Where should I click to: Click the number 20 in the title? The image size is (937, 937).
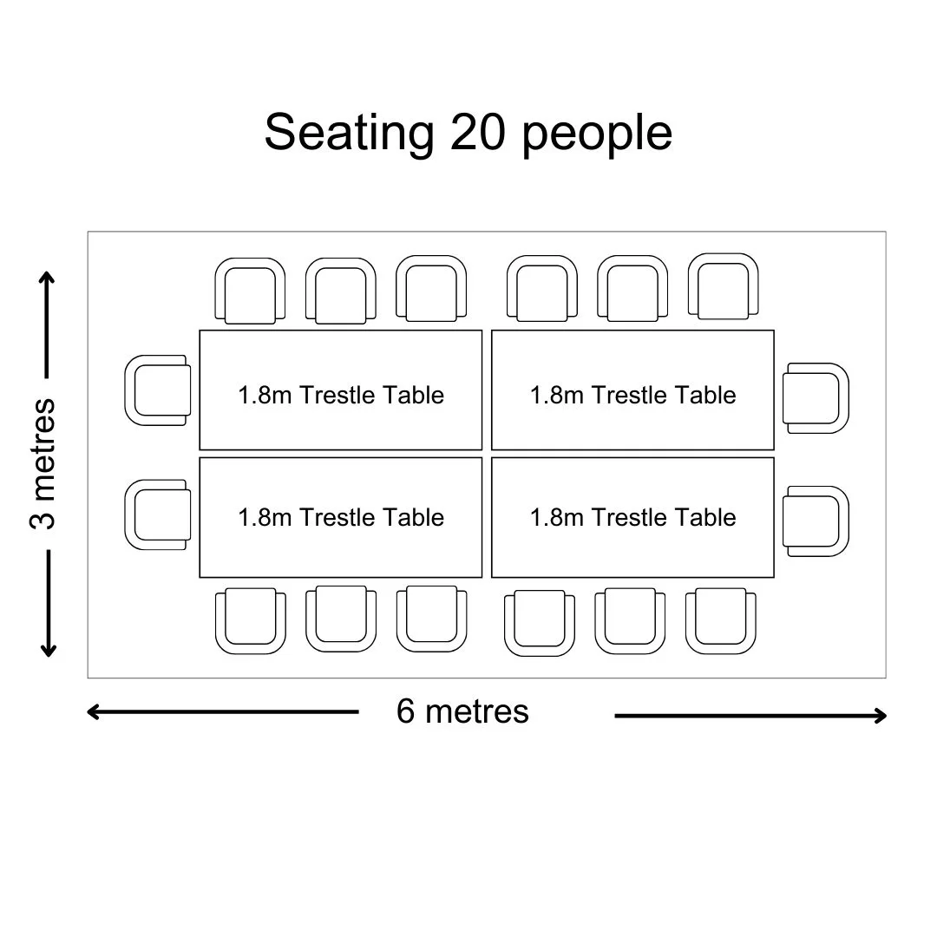tap(477, 132)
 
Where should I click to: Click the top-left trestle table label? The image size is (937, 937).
tap(341, 395)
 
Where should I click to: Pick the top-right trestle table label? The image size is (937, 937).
tap(632, 395)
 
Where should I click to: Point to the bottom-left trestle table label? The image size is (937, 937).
tap(341, 517)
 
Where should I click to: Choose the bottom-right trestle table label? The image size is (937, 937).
tap(632, 517)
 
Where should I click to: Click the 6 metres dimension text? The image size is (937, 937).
tap(462, 711)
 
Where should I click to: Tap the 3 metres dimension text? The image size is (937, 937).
tap(43, 463)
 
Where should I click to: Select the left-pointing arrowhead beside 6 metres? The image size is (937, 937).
tap(92, 711)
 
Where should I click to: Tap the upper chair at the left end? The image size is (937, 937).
tap(158, 390)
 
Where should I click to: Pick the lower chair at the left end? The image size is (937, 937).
tap(158, 514)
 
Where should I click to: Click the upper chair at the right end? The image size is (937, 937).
tap(816, 398)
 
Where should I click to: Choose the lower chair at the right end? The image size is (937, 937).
tap(816, 521)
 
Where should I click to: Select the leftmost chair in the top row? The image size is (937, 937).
tap(250, 291)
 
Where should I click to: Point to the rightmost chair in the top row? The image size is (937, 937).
tap(723, 286)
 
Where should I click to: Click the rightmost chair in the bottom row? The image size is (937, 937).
tap(721, 621)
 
